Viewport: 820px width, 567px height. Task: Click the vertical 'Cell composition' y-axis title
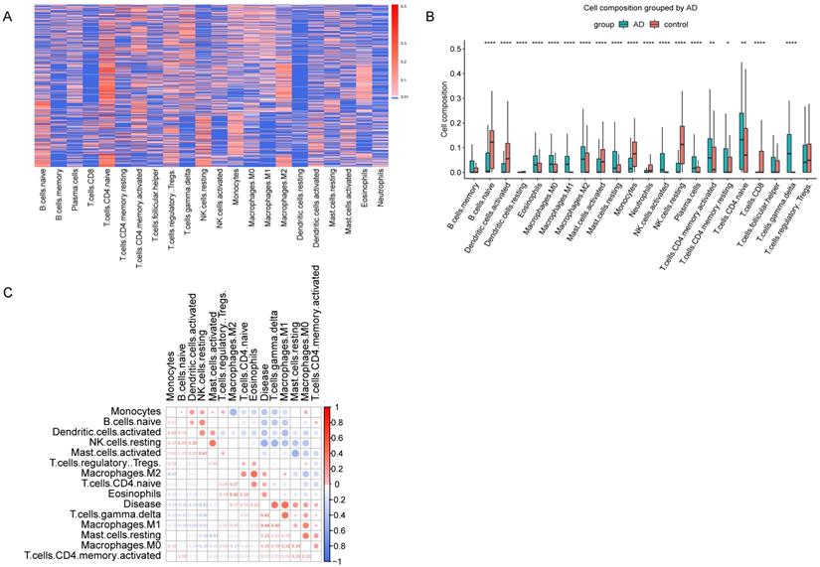[435, 111]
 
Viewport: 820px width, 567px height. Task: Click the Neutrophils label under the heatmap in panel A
[379, 200]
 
